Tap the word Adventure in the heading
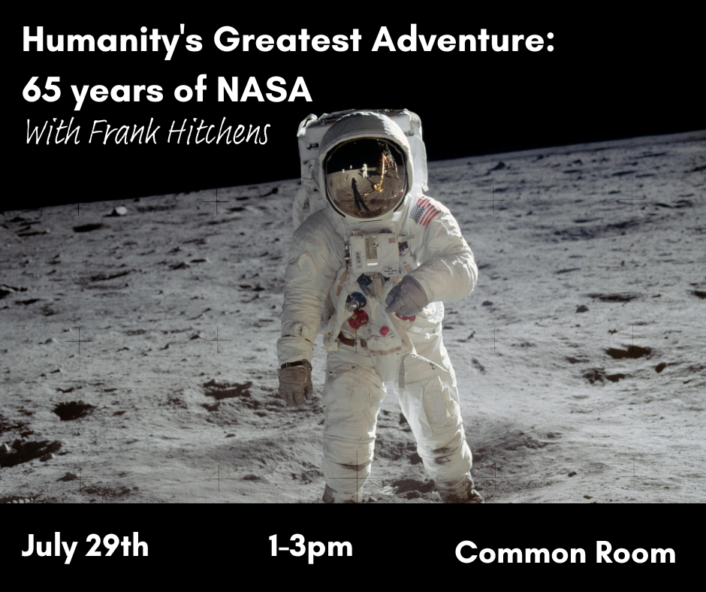459,39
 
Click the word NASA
264,89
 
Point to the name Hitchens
219,132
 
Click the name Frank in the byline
124,132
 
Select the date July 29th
85,547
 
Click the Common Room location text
565,552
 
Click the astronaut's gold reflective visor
366,178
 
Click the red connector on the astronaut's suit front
359,319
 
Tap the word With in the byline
53,132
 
